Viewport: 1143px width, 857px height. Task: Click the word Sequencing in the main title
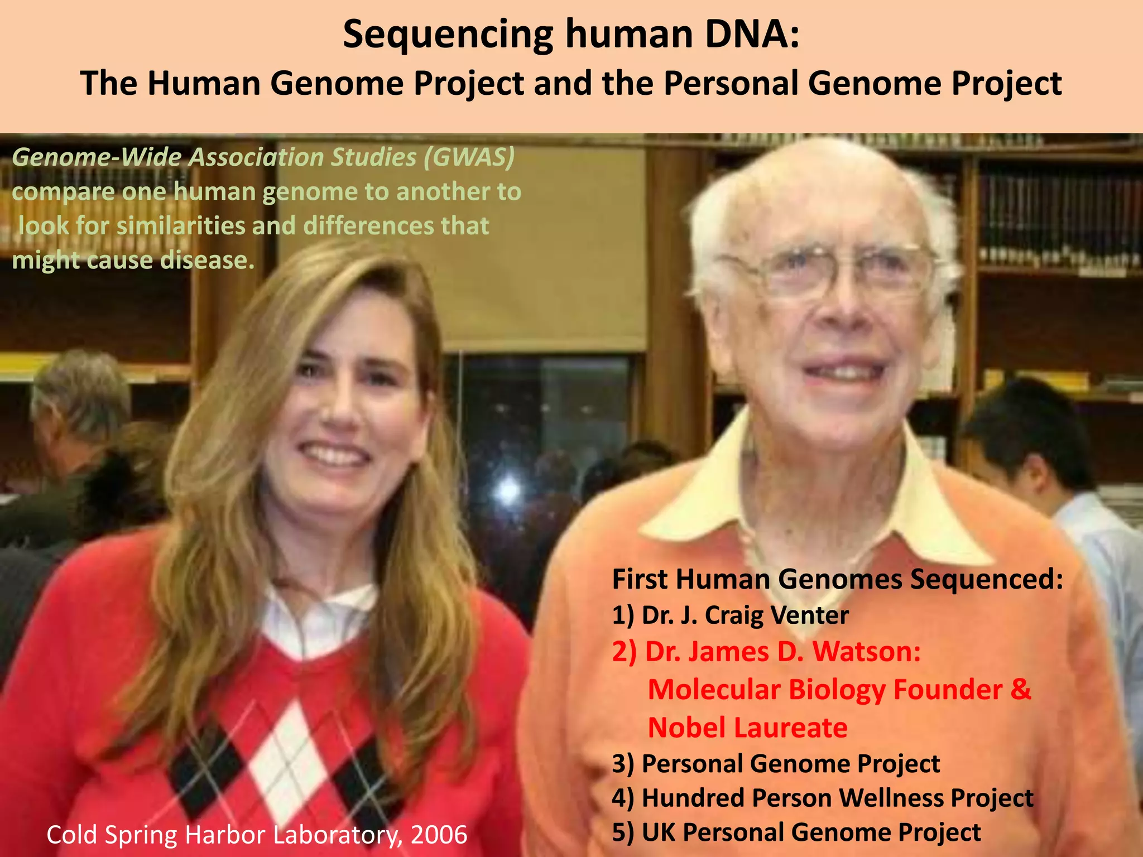tap(447, 35)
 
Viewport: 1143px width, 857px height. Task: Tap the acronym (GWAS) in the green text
tap(469, 158)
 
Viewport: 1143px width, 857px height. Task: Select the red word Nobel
tap(686, 728)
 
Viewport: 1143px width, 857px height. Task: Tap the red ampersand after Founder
tap(1020, 690)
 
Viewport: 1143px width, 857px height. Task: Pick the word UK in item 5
tap(658, 832)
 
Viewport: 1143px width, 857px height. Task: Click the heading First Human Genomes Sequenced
tap(837, 579)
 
